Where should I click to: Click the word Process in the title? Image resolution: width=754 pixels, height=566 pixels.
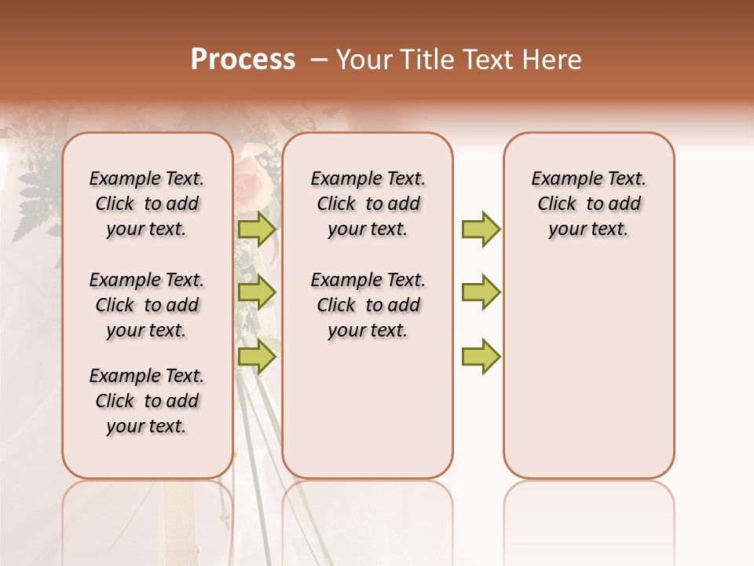pos(243,60)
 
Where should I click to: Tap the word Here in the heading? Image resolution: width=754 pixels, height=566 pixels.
pos(554,60)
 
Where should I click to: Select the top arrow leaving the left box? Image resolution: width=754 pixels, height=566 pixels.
pos(257,230)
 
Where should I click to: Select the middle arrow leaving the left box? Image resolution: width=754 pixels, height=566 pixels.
pos(257,292)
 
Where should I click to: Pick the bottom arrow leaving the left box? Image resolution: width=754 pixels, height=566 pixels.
pos(257,356)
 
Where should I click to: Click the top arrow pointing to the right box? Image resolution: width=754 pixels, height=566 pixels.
pos(481,230)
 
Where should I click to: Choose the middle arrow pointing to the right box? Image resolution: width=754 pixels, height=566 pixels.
pos(481,292)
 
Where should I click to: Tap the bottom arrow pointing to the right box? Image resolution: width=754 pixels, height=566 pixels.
pos(481,356)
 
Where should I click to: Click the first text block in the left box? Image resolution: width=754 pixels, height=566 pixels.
pos(147,204)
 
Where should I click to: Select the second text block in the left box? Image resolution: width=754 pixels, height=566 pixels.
pos(147,305)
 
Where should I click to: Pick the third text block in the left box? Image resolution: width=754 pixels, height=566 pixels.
pos(147,401)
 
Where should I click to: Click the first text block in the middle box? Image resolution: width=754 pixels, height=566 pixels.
pos(368,204)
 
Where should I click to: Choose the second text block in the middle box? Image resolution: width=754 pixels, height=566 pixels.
pos(368,305)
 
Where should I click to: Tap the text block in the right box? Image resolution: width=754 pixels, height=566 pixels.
pos(588,204)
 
